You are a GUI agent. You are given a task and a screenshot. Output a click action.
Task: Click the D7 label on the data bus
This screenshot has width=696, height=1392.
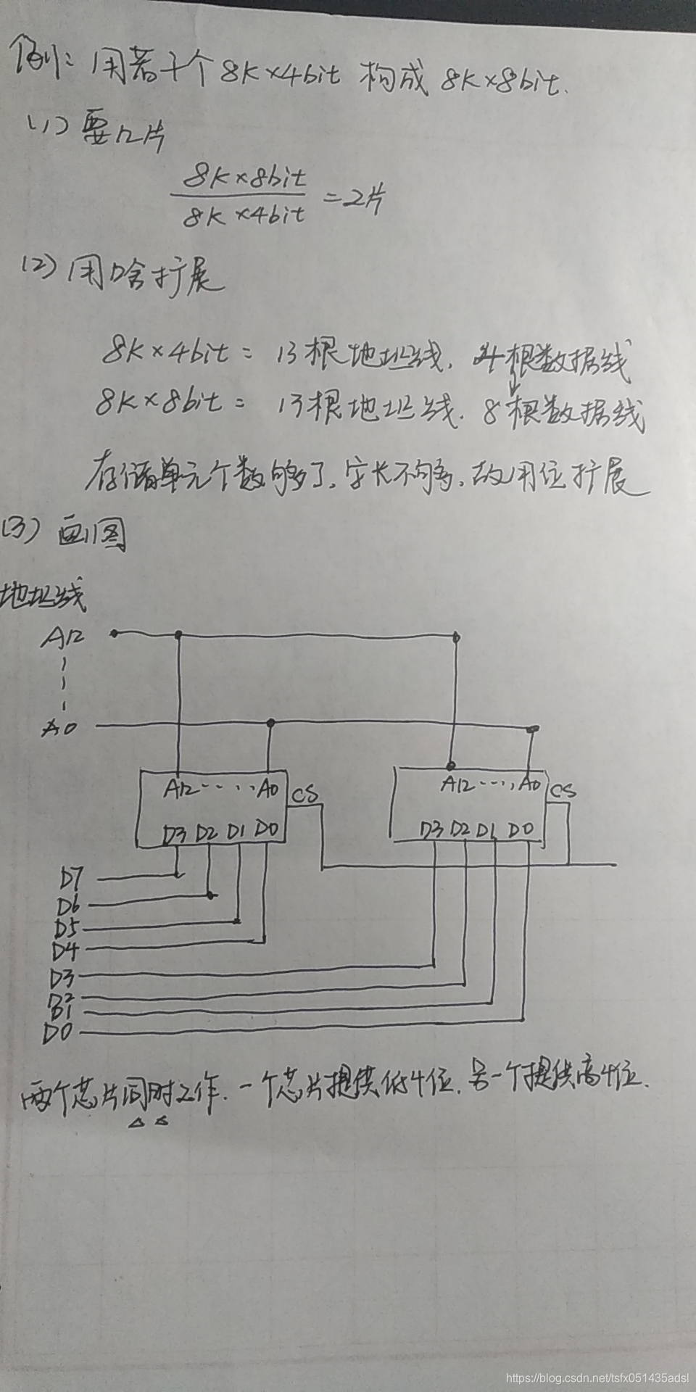[x=72, y=879]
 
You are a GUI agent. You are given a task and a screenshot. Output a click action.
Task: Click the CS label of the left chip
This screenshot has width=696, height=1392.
[x=304, y=795]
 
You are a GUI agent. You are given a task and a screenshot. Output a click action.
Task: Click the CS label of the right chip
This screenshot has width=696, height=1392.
[x=563, y=790]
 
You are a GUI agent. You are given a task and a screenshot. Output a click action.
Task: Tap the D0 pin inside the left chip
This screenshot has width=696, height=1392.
[x=268, y=829]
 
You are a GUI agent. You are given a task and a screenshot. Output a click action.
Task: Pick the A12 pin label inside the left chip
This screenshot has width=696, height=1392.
[x=178, y=788]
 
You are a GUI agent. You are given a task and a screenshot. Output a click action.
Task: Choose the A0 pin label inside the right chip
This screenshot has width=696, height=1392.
[x=529, y=784]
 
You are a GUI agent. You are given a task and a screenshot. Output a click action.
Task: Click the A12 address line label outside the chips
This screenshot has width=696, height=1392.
[x=62, y=637]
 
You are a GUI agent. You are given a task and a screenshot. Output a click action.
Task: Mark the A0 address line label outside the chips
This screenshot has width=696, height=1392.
[x=59, y=727]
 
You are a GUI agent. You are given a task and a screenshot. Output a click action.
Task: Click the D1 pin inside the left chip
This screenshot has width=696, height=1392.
[x=236, y=831]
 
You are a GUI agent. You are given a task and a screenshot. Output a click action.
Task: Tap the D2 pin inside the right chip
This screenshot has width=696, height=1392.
[x=460, y=829]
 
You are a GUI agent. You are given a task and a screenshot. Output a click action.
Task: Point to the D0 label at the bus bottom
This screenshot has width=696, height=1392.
[x=58, y=1032]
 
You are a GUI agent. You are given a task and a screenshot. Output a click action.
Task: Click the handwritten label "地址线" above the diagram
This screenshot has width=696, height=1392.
[x=43, y=596]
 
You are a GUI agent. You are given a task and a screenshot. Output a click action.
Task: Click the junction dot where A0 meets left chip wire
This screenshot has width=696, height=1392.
[x=270, y=723]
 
